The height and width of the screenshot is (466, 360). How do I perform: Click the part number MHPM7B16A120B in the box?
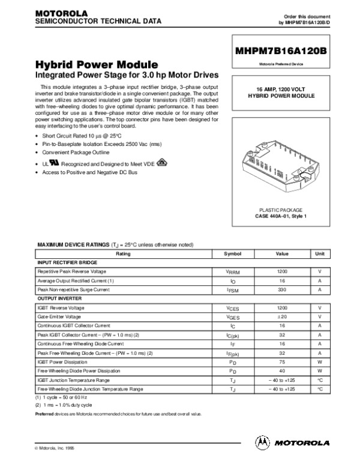(x=281, y=52)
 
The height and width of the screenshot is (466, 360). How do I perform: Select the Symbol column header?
(x=232, y=254)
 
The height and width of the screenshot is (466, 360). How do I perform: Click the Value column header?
(x=282, y=254)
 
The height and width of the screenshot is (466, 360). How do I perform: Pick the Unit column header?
(x=320, y=254)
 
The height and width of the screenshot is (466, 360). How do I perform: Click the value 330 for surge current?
(x=282, y=289)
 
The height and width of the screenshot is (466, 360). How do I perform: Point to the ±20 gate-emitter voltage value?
(x=282, y=316)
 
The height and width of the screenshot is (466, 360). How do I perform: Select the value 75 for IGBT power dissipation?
(x=282, y=362)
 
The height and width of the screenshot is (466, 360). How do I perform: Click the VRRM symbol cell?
(x=232, y=272)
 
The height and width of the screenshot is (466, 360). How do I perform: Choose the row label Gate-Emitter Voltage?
(x=59, y=316)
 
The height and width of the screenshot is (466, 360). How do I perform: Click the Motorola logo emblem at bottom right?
(x=263, y=443)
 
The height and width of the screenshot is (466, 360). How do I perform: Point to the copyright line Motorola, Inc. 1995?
(x=57, y=449)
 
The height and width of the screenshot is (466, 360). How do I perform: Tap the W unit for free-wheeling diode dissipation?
(x=320, y=371)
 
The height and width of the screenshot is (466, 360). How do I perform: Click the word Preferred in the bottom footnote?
(x=46, y=414)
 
